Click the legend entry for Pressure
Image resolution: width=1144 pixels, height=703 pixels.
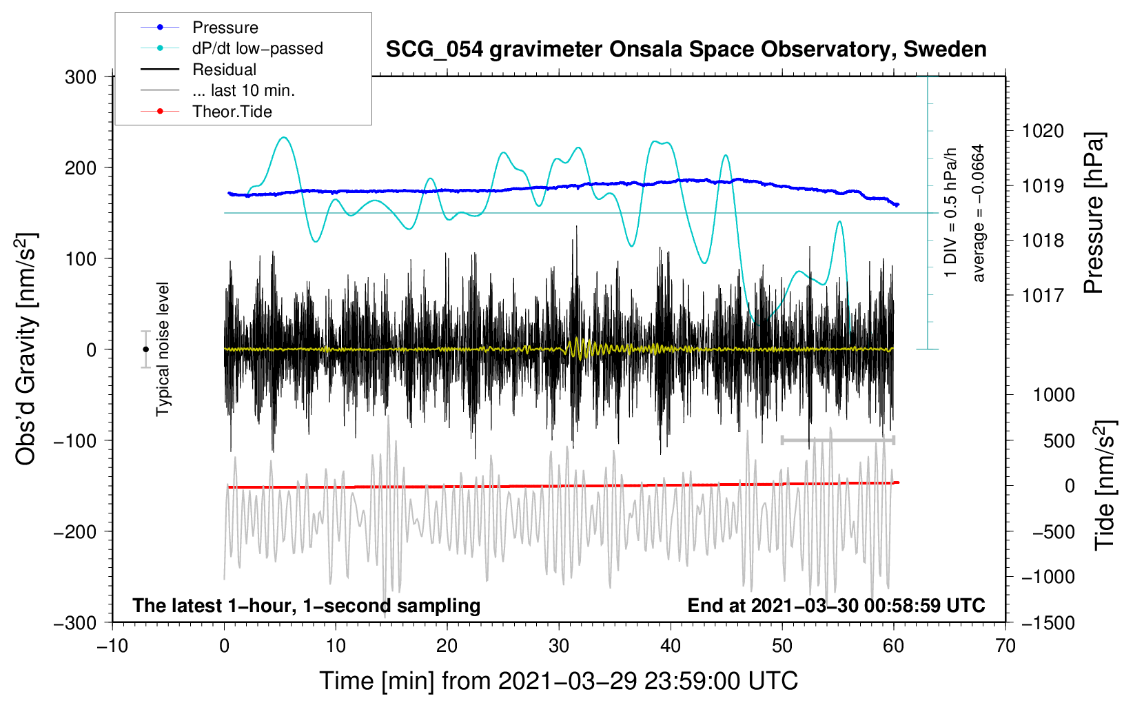point(225,28)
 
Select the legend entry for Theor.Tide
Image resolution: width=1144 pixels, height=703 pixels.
point(232,112)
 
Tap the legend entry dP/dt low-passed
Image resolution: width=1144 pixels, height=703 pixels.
point(257,48)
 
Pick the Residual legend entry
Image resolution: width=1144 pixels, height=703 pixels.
point(224,70)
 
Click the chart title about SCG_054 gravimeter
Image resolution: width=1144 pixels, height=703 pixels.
point(686,50)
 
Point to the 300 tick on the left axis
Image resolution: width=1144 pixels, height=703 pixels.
point(81,77)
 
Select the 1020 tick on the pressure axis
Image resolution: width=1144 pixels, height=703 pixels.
point(1043,131)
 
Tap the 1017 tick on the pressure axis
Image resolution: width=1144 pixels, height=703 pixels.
point(1043,296)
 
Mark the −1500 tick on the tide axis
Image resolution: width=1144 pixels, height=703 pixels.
point(1048,622)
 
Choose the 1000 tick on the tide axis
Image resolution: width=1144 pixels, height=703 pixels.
point(1053,395)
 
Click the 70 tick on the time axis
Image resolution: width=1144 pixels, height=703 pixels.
point(1005,646)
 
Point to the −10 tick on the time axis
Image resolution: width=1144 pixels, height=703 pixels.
point(112,646)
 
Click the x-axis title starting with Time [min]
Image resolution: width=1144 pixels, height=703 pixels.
point(558,681)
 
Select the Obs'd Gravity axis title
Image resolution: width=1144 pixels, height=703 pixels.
point(26,349)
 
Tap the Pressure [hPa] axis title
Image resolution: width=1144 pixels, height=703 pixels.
point(1094,214)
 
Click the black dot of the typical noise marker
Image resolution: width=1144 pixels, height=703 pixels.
point(145,349)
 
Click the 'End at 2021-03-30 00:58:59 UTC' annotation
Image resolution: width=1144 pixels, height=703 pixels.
point(836,606)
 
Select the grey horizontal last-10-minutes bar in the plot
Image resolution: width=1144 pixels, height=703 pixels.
point(837,440)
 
